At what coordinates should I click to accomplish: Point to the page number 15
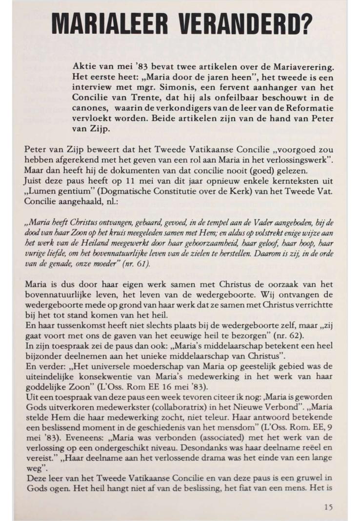click(x=329, y=507)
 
